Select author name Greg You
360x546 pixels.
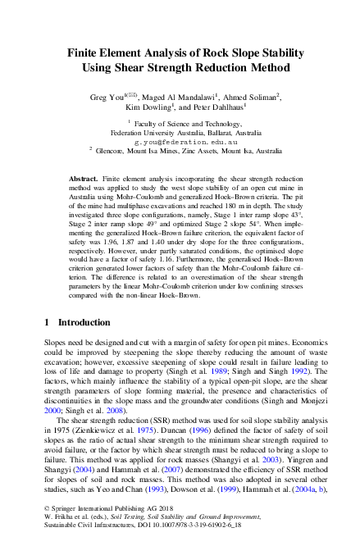pos(110,97)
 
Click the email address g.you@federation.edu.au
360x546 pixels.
pos(181,141)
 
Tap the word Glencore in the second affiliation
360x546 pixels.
pos(112,150)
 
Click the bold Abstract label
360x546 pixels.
pos(83,178)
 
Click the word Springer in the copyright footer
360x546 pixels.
pos(67,510)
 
